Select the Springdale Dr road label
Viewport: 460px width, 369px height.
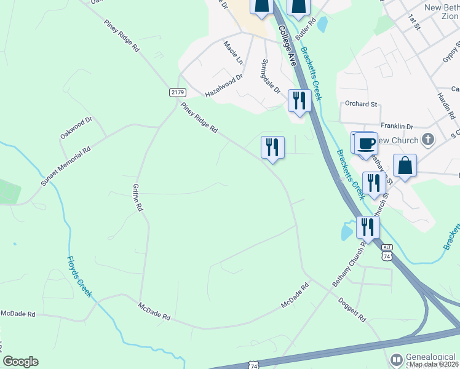(x=271, y=75)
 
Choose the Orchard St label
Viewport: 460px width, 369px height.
(x=361, y=104)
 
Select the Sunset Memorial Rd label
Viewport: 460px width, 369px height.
(x=66, y=166)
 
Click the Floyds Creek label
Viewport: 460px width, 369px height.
(x=79, y=277)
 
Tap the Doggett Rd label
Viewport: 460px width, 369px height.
(x=352, y=311)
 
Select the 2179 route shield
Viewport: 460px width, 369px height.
(x=177, y=92)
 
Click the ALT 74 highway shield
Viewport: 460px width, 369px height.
(x=386, y=252)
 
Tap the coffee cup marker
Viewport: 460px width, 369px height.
(x=367, y=143)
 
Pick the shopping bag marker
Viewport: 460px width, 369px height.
(x=405, y=165)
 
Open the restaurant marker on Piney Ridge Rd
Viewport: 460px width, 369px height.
(x=272, y=148)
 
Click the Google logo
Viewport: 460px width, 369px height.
(x=20, y=362)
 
